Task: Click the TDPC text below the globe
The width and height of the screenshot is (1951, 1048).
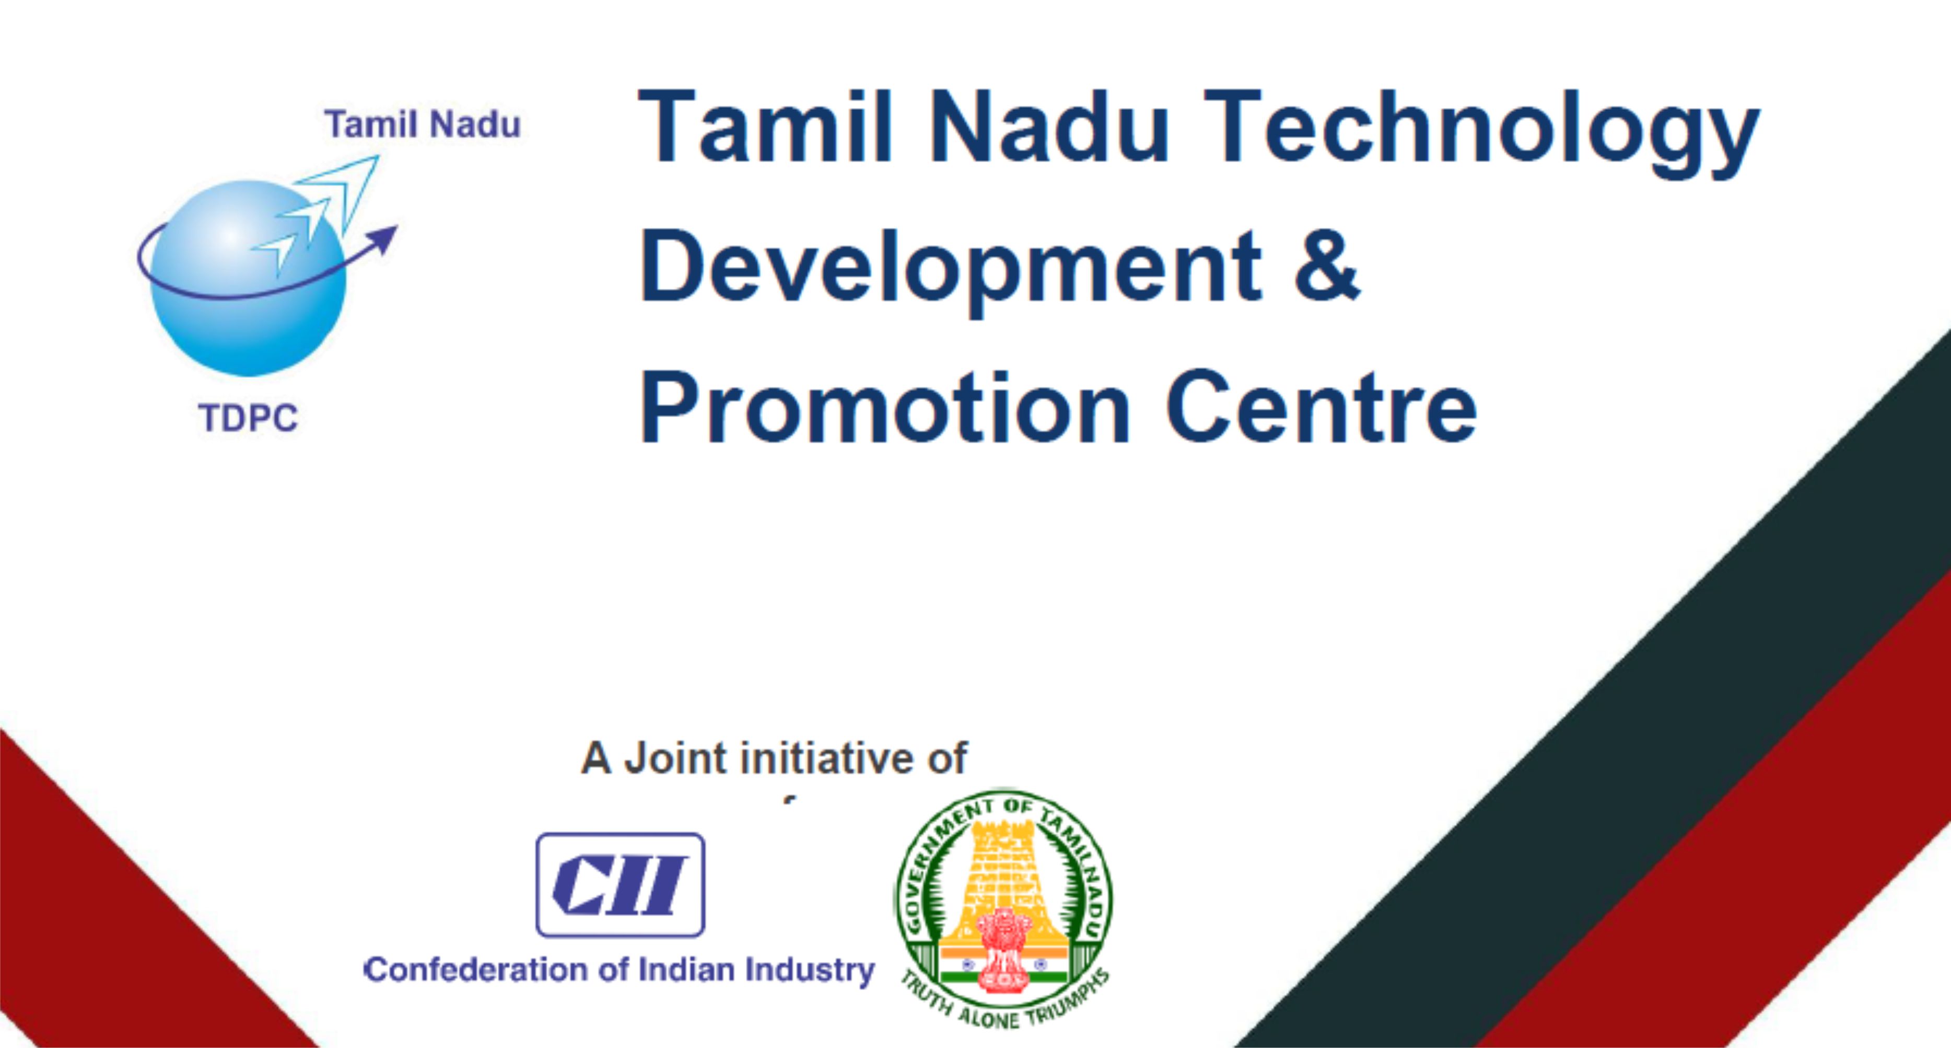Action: pos(249,418)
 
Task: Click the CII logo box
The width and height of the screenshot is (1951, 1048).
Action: pos(620,885)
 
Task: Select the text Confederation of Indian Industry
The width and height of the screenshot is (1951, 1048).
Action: pos(620,970)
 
